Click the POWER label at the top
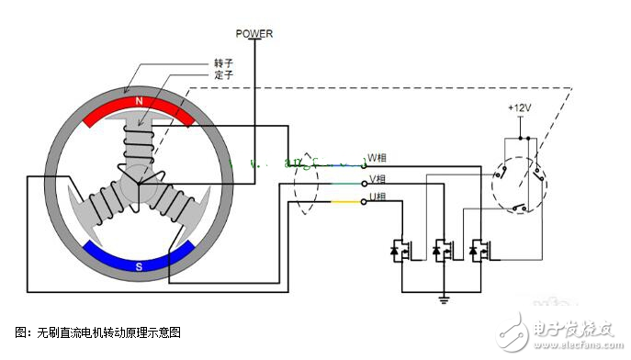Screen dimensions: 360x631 (254, 34)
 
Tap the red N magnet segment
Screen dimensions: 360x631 (138, 106)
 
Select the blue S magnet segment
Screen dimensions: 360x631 (138, 257)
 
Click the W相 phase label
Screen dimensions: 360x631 (377, 156)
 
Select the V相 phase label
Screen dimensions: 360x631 (377, 179)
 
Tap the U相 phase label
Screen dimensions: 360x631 (377, 199)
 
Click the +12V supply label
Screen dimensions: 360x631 (520, 107)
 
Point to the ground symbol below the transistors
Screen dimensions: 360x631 (443, 298)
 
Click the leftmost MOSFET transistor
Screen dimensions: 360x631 (400, 249)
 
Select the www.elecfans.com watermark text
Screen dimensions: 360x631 (569, 347)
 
